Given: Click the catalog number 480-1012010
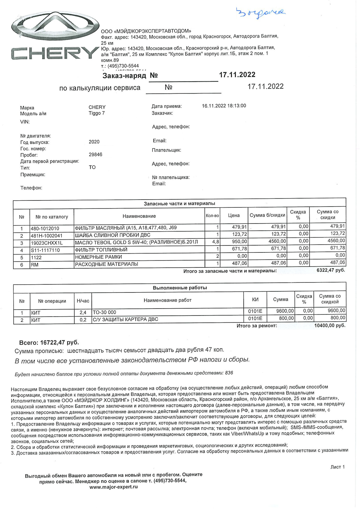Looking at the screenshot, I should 45,228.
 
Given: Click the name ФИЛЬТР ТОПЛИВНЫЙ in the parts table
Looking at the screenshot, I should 101,250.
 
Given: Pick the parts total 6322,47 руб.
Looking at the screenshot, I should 331,270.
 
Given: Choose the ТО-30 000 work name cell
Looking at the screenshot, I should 104,312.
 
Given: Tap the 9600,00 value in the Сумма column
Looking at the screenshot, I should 285,311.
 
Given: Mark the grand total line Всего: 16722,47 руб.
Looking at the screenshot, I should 49,343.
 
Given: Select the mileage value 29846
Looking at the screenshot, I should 95,155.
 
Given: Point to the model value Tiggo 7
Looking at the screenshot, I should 96,113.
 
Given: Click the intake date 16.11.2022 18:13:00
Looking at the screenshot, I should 224,106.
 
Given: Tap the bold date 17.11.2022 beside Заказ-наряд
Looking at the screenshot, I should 237,75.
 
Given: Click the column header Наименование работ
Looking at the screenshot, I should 167,300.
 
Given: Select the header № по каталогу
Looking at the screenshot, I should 52,217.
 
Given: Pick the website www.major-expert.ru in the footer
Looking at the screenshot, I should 113,487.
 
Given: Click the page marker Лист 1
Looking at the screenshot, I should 337,467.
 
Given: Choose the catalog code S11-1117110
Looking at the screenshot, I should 45,250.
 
